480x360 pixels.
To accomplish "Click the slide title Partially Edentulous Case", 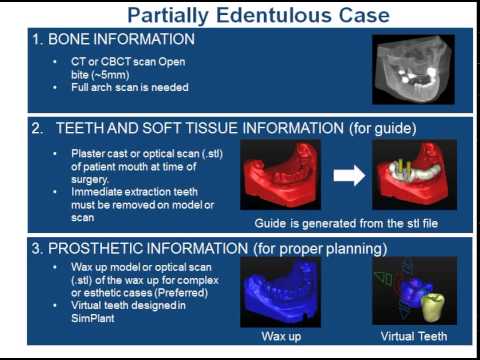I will coord(239,16).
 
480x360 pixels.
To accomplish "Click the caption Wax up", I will coord(274,337).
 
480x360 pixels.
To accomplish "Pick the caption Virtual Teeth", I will coord(409,337).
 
